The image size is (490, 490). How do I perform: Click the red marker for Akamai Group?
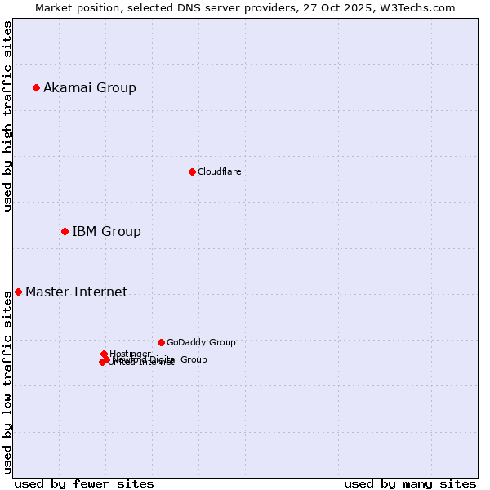click(x=36, y=87)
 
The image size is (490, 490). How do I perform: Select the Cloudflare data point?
click(x=192, y=171)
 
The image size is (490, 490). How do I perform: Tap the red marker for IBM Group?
click(x=65, y=231)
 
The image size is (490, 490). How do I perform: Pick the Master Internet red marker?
click(x=18, y=292)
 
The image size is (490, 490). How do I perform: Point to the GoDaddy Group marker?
click(x=161, y=342)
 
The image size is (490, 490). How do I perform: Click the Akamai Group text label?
click(x=90, y=87)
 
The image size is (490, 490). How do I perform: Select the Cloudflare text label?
click(x=219, y=171)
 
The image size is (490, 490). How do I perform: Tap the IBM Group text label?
click(x=106, y=231)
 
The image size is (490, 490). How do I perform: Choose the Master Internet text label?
click(x=76, y=292)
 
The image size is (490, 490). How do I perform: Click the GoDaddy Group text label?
click(x=201, y=342)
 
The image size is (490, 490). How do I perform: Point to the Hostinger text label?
click(x=130, y=354)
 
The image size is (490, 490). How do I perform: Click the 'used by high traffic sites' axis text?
click(x=7, y=116)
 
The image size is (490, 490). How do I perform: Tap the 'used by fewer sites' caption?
click(x=84, y=483)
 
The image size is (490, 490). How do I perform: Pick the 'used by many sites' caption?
click(x=410, y=483)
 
